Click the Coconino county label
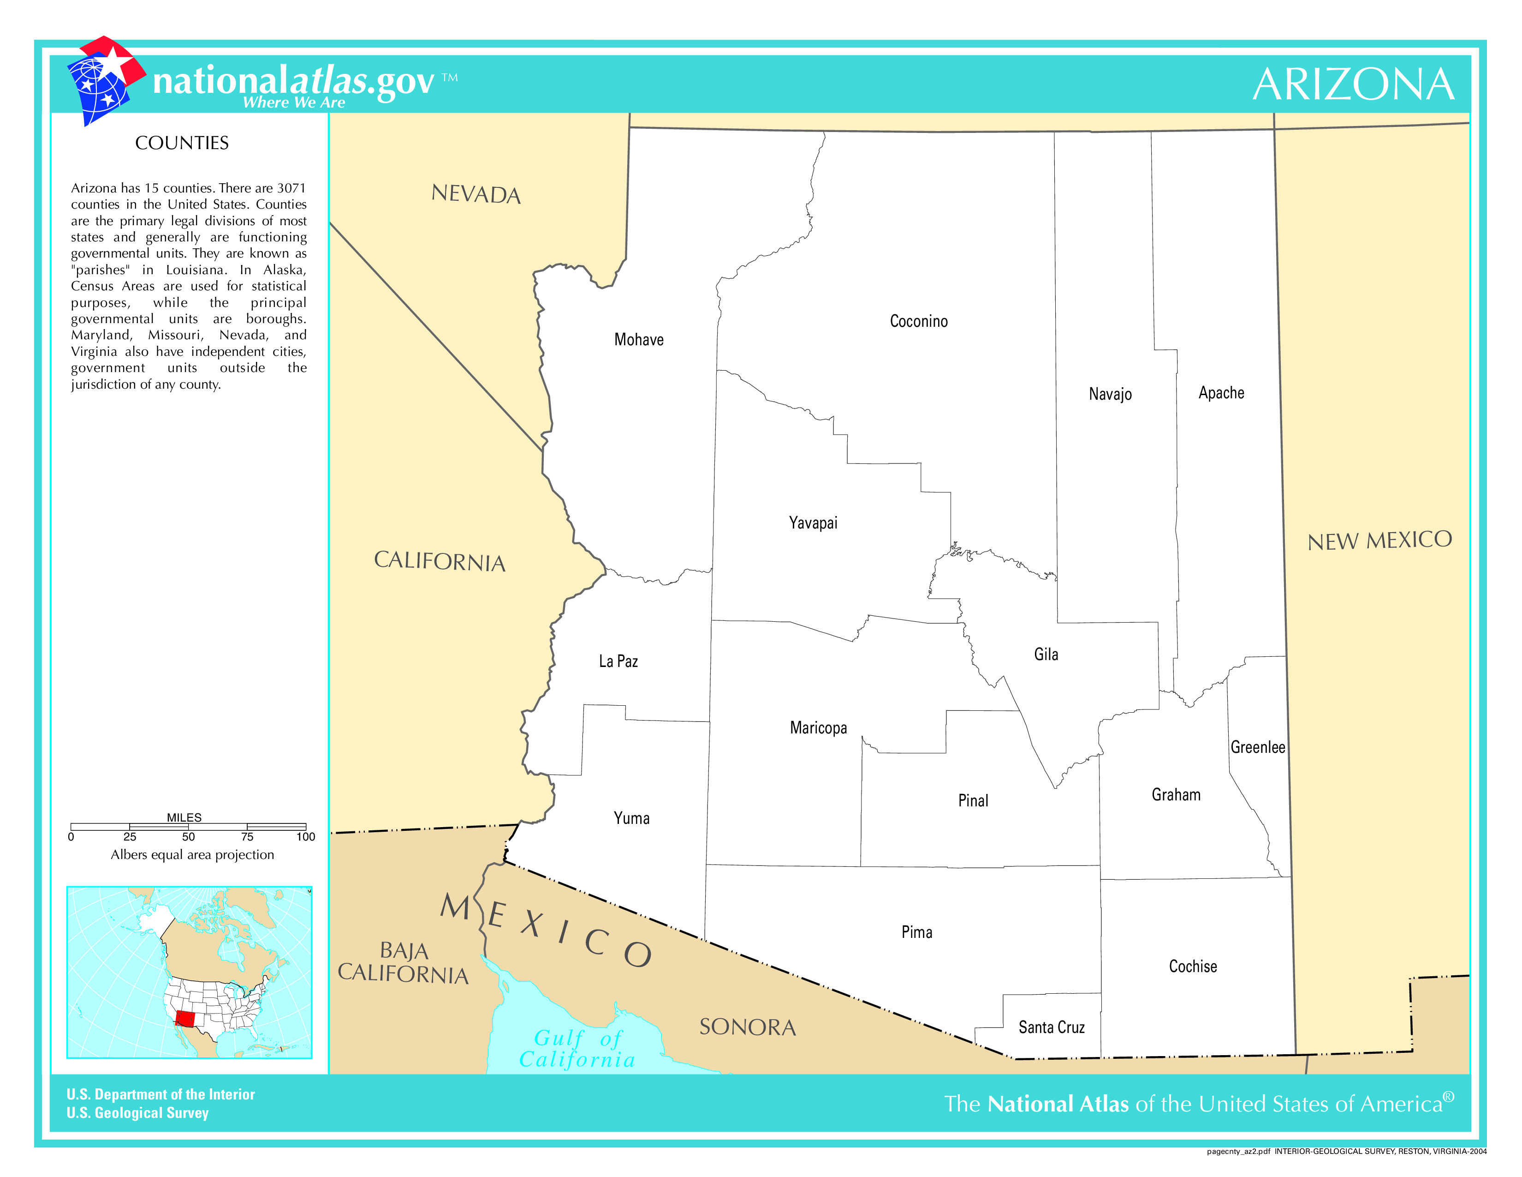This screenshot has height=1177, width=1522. [x=918, y=321]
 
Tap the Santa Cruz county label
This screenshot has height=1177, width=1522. [x=1051, y=1027]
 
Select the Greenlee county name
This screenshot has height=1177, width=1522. [x=1257, y=747]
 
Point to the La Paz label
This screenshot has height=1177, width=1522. [x=618, y=661]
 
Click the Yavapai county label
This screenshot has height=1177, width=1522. [x=813, y=523]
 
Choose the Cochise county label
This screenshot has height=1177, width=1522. [x=1192, y=967]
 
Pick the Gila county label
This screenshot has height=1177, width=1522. [x=1045, y=654]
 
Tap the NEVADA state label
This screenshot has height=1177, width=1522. [x=476, y=194]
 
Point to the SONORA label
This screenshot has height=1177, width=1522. [x=747, y=1027]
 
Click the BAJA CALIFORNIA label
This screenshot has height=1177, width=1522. [x=403, y=962]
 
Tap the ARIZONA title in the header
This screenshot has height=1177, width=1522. [x=1353, y=84]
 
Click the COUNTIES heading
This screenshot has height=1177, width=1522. [x=182, y=143]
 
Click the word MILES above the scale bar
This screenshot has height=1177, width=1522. [x=184, y=817]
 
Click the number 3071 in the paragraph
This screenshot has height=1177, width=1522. [x=291, y=188]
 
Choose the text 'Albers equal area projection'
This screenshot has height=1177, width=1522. [x=192, y=855]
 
